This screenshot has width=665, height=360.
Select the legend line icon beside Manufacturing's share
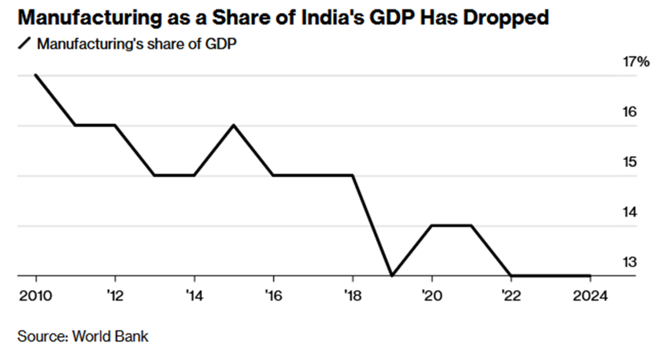tap(25, 44)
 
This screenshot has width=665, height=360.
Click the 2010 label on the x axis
tap(36, 295)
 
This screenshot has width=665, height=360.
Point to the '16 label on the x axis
tap(273, 295)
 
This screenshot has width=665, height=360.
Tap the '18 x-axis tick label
tap(352, 295)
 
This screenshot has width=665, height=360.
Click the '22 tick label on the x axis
tap(510, 295)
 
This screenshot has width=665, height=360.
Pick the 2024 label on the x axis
tap(589, 295)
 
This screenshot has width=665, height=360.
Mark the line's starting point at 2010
tap(36, 75)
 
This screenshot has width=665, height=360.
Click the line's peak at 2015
tap(233, 126)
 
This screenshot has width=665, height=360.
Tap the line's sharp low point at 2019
tap(392, 276)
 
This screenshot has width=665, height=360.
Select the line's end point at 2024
tap(590, 276)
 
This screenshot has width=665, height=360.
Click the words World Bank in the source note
tap(110, 337)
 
